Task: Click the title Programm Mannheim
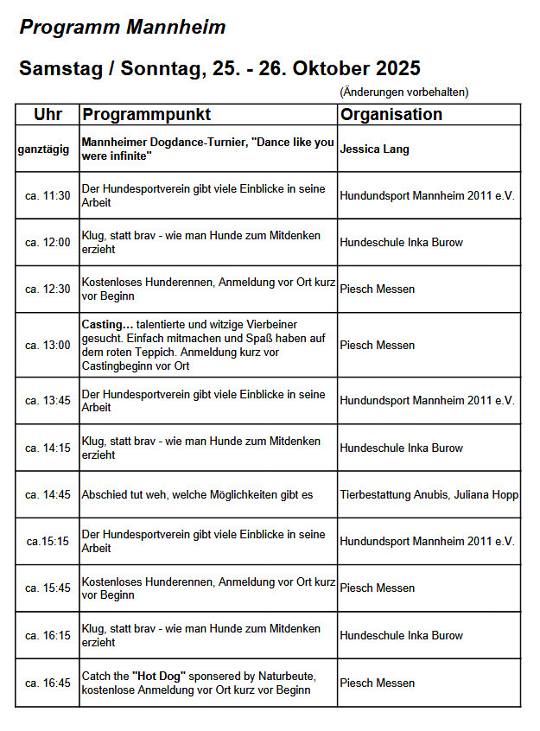tap(122, 28)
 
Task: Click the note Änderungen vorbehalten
tap(404, 92)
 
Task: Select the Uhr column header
tap(48, 114)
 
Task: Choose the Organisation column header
tap(391, 114)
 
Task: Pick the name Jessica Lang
tap(374, 149)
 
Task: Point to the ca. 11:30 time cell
tap(48, 196)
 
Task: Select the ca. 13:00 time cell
tap(48, 345)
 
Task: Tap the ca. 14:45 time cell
tap(48, 494)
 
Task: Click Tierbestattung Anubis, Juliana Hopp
tap(429, 494)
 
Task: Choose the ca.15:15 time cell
tap(48, 541)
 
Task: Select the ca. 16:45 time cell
tap(48, 683)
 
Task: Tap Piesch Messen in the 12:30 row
tap(377, 289)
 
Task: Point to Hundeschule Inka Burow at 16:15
tap(401, 635)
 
